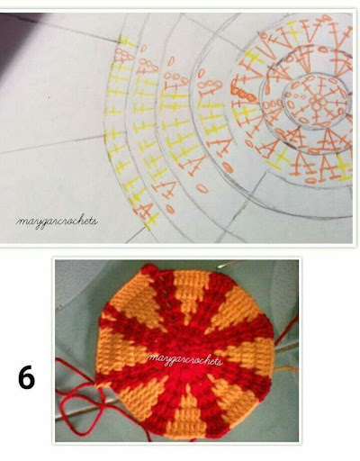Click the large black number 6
(x=26, y=377)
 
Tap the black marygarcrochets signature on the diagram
(x=57, y=221)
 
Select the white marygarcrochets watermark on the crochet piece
(x=184, y=359)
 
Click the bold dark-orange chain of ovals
(x=244, y=94)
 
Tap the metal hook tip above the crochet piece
(x=226, y=265)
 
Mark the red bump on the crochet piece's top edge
(x=148, y=269)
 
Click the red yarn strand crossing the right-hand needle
(x=286, y=331)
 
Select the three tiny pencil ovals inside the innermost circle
(x=297, y=96)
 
